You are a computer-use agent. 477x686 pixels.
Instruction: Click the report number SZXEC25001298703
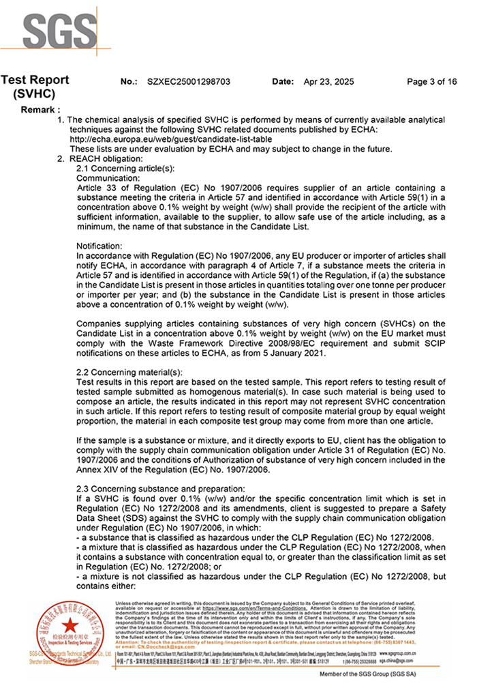coord(188,82)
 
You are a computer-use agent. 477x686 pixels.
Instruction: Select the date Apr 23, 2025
coord(328,82)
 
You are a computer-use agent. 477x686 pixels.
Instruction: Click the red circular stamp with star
coord(67,626)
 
